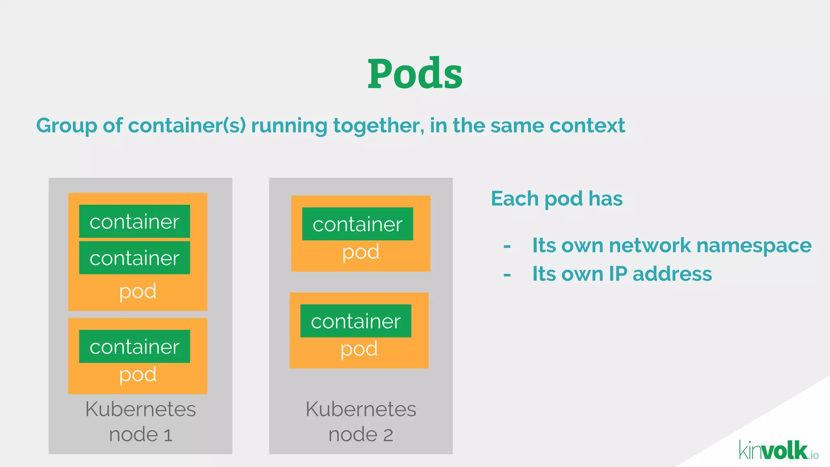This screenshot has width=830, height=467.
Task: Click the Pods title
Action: pyautogui.click(x=415, y=74)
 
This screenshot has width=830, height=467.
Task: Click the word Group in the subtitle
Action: pyautogui.click(x=66, y=126)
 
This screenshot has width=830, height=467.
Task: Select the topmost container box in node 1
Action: pyautogui.click(x=135, y=221)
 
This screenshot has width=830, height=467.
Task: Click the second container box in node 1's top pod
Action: pyautogui.click(x=135, y=258)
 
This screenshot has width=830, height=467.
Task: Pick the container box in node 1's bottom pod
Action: pyautogui.click(x=135, y=347)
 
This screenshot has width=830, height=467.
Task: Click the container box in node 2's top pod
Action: pyautogui.click(x=357, y=224)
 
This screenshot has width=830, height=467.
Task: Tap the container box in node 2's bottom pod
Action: pyautogui.click(x=356, y=321)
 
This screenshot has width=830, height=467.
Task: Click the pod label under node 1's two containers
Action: pyautogui.click(x=138, y=291)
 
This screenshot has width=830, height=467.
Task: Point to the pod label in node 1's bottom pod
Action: pyautogui.click(x=138, y=375)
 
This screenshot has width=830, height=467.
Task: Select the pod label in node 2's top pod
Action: pyautogui.click(x=361, y=252)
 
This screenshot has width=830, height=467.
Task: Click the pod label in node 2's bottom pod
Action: pyautogui.click(x=359, y=349)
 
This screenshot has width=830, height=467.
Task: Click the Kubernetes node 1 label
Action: pyautogui.click(x=140, y=422)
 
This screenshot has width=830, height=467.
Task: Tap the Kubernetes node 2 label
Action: pyautogui.click(x=361, y=422)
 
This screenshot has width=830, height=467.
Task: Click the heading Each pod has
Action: pyautogui.click(x=556, y=199)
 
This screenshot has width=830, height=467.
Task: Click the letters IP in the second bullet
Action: pyautogui.click(x=618, y=274)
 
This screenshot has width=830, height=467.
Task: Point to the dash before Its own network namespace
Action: pyautogui.click(x=507, y=246)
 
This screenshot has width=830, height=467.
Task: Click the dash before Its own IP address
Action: pyautogui.click(x=507, y=275)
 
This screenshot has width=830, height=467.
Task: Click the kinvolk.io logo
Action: pyautogui.click(x=778, y=451)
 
